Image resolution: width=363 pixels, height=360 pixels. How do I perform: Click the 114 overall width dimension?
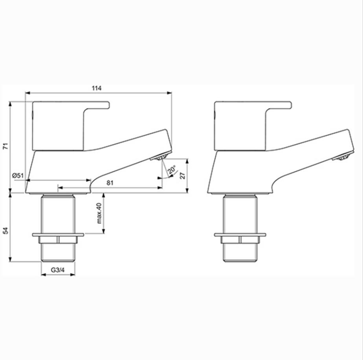[97, 88]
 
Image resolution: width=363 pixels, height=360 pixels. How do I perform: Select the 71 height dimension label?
[5, 147]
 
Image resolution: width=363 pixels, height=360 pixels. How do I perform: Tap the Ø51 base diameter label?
[18, 175]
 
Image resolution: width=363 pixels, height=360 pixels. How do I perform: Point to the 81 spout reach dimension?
[110, 183]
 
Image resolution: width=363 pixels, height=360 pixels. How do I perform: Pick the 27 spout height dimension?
[183, 175]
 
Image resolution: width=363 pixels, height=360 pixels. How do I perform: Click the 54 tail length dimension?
[5, 231]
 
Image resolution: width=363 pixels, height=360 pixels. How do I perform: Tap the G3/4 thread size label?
[58, 271]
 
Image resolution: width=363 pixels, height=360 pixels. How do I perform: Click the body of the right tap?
[246, 172]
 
